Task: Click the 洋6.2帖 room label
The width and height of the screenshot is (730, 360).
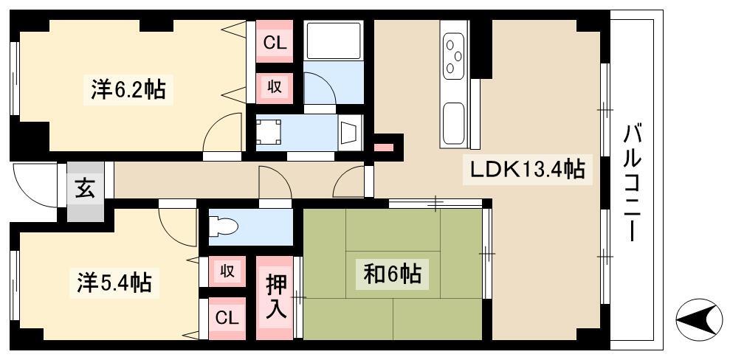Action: point(128,89)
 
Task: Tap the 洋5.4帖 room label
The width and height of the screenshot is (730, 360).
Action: point(114,282)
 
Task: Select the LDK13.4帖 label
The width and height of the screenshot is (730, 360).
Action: point(526,169)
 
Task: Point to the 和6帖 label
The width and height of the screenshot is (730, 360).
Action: point(393,274)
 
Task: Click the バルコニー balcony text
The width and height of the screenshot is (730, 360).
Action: point(633,182)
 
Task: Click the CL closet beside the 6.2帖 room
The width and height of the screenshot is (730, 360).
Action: point(275,44)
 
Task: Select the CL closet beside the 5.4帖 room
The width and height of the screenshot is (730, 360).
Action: point(227,319)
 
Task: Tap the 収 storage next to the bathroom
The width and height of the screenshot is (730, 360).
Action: point(275,88)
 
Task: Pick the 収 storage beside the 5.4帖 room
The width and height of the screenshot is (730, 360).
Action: point(227,271)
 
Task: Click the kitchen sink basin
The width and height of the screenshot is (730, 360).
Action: point(453,123)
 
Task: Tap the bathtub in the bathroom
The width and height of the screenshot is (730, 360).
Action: point(334,40)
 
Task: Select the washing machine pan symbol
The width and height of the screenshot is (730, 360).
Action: point(269,133)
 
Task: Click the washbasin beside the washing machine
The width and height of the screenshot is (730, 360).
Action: point(350,133)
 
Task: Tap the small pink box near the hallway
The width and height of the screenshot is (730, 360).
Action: point(384,148)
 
